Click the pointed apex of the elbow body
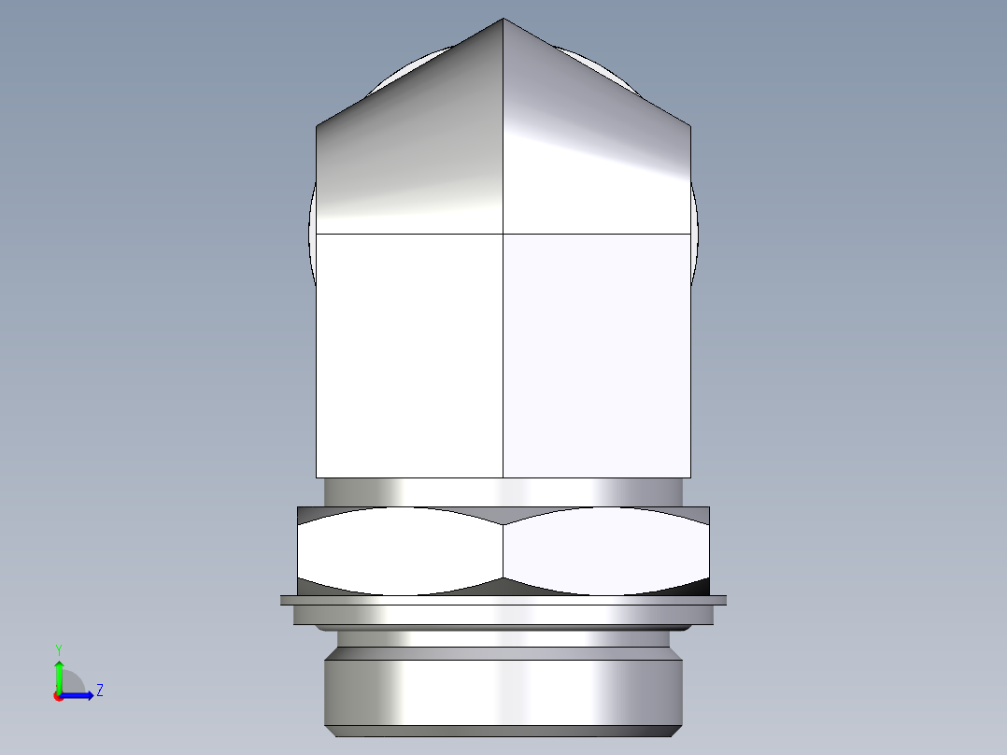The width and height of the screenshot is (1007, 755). pos(503,21)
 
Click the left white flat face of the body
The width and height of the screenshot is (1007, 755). pos(410,355)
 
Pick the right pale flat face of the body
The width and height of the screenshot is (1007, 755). pos(597,355)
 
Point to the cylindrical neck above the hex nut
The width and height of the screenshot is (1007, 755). pos(503,491)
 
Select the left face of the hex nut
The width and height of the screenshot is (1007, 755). pos(400,551)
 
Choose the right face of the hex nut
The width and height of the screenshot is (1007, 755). pos(605,551)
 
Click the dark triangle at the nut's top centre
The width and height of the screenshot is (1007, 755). pos(503,515)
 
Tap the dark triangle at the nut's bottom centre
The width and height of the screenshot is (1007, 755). pos(503,587)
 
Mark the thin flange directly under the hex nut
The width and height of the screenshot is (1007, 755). pos(503,600)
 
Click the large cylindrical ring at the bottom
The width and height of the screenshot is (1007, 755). pos(503,691)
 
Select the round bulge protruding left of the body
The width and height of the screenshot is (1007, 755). pos(313,234)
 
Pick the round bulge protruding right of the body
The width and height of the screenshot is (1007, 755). pos(694,234)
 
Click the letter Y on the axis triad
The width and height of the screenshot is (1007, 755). pos(58,648)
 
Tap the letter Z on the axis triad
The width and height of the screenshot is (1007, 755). pos(99,691)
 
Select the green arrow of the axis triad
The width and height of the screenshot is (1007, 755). pos(59,675)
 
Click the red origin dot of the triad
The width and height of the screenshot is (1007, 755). pos(58,696)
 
